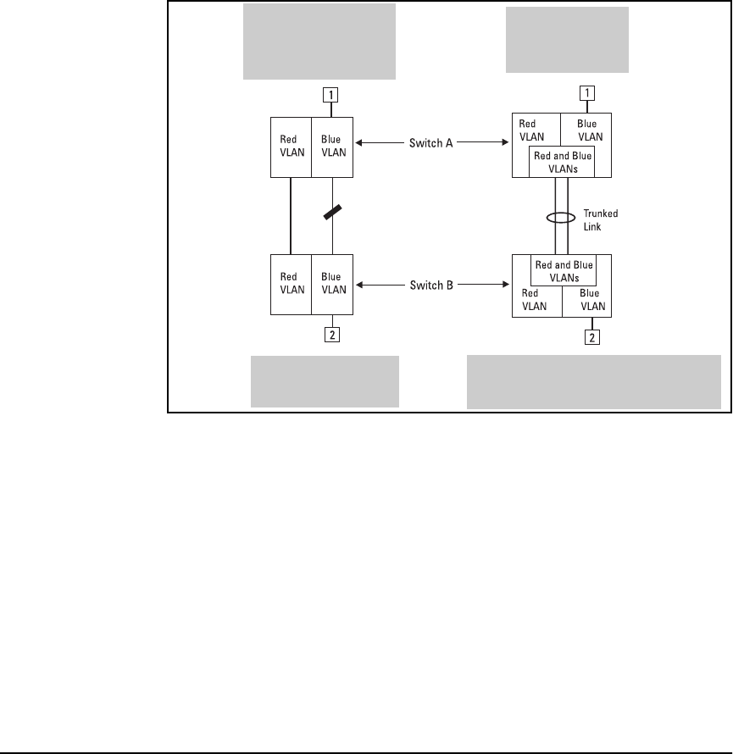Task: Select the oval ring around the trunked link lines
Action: pyautogui.click(x=560, y=219)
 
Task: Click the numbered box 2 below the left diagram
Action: pyautogui.click(x=332, y=335)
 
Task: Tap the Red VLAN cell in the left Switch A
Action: pyautogui.click(x=291, y=147)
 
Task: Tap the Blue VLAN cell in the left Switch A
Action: pyautogui.click(x=332, y=147)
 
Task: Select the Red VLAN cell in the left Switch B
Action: pyautogui.click(x=291, y=284)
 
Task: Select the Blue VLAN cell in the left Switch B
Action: pyautogui.click(x=332, y=284)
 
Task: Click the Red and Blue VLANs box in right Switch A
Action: pyautogui.click(x=560, y=160)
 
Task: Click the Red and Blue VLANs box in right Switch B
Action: pyautogui.click(x=563, y=270)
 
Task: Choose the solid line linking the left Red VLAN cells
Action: pyautogui.click(x=291, y=215)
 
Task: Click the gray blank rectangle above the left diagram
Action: pyautogui.click(x=320, y=41)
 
